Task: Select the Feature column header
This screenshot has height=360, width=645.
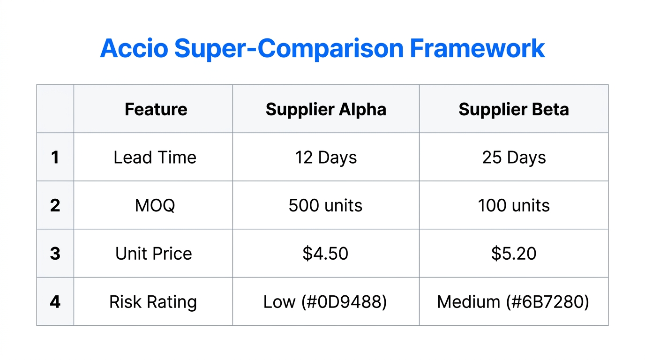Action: tap(156, 109)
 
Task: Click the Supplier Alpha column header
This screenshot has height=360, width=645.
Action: tap(326, 109)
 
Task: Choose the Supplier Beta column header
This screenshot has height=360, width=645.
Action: tap(514, 109)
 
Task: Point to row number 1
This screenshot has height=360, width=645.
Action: tap(55, 157)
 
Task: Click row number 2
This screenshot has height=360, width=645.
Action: tap(55, 205)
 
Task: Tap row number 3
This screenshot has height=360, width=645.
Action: tap(55, 254)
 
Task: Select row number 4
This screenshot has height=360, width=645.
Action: tap(55, 301)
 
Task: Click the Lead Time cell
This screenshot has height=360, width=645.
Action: tap(155, 157)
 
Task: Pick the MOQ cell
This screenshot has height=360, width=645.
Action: tap(155, 205)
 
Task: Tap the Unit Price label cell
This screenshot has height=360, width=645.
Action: tap(154, 254)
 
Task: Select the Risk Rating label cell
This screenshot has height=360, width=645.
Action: tap(153, 301)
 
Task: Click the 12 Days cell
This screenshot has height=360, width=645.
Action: tap(326, 157)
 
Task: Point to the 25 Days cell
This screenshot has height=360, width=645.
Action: tap(514, 157)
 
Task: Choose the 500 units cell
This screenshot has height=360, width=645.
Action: tap(325, 205)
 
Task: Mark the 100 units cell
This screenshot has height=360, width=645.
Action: tap(514, 205)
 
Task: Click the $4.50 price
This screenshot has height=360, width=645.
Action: tap(325, 254)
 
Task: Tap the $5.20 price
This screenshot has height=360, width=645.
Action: tap(514, 254)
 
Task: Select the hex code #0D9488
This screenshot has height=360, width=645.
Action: tap(348, 301)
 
